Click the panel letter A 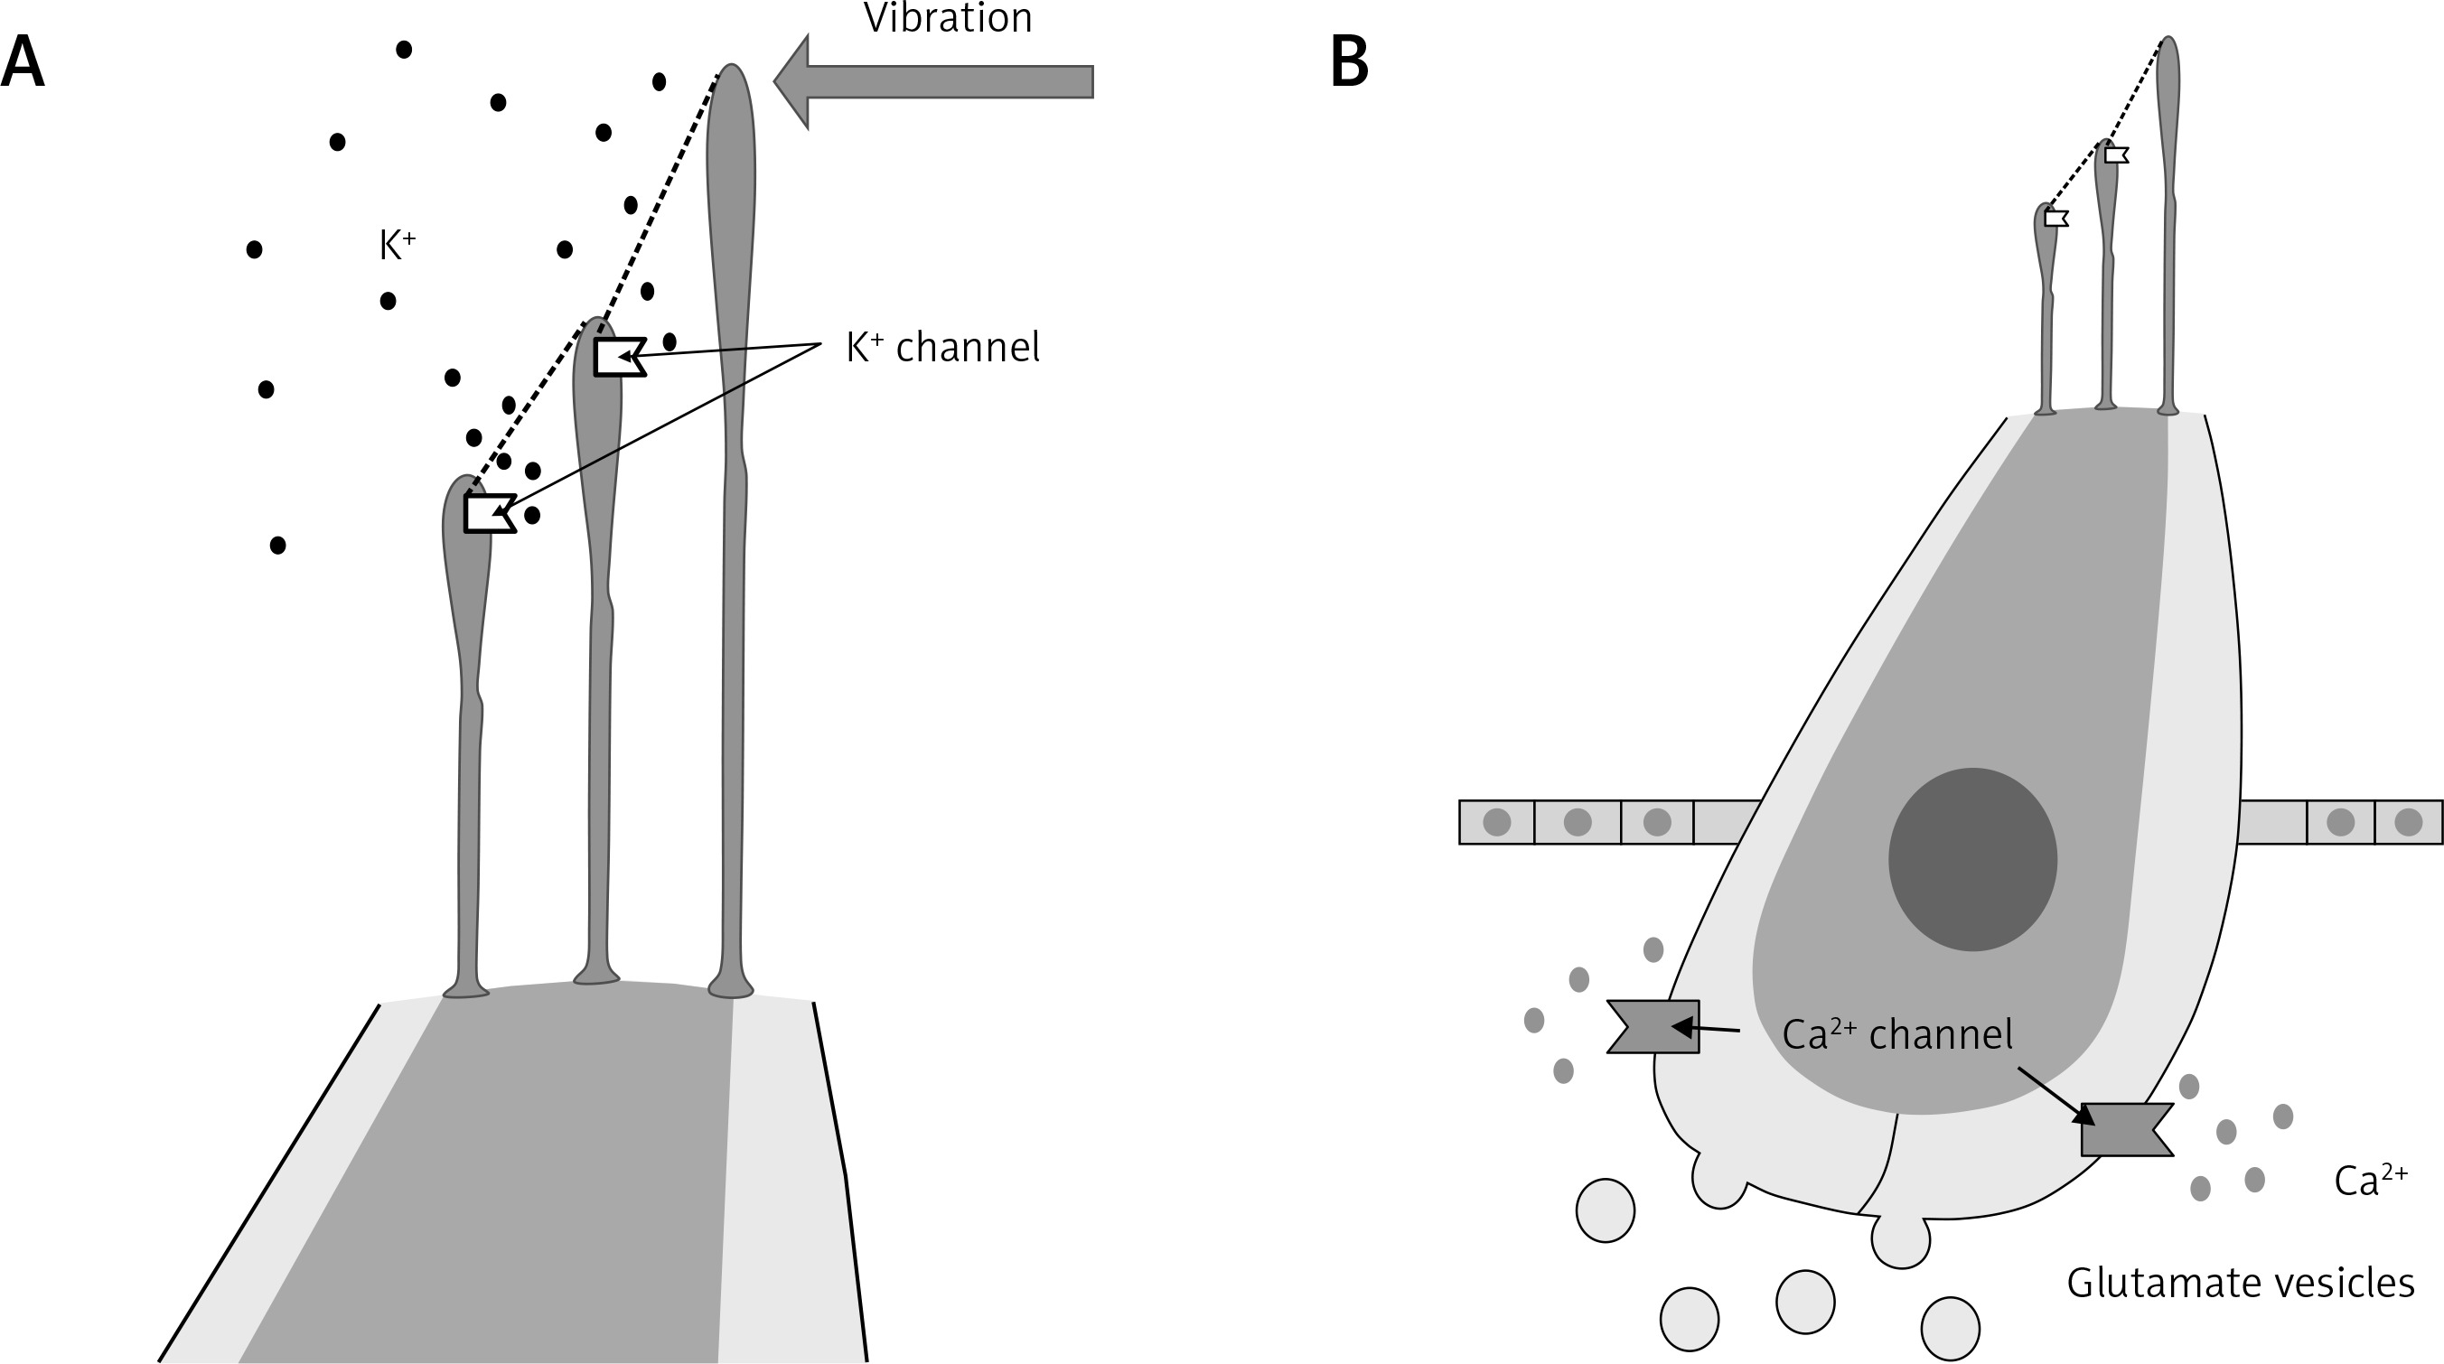click(x=23, y=62)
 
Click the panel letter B click(x=1349, y=62)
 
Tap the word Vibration click(x=948, y=17)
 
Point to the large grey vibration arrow click(x=933, y=81)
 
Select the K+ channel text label click(x=943, y=347)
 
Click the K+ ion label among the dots click(x=398, y=245)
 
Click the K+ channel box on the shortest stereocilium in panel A click(x=490, y=513)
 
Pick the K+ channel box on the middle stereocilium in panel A click(x=621, y=357)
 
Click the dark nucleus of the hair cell click(x=1972, y=859)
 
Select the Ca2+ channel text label click(x=1897, y=1034)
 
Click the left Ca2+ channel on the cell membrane click(x=1653, y=1026)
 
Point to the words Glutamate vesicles click(x=2240, y=1284)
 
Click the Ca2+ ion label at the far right click(x=2370, y=1181)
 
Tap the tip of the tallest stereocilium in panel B click(x=2167, y=39)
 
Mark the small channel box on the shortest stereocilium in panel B click(x=2057, y=219)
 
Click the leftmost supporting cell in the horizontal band click(x=1496, y=821)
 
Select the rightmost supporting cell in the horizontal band click(x=2409, y=821)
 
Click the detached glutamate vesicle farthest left click(x=1606, y=1210)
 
